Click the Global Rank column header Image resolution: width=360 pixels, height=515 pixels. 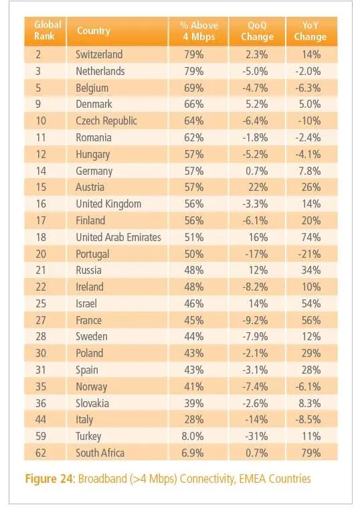[48, 30]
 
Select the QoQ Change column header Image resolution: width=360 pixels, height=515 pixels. [257, 31]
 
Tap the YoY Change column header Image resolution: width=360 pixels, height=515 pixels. [310, 31]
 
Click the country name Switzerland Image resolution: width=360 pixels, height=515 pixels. [99, 54]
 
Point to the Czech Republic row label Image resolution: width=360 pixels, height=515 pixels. [106, 121]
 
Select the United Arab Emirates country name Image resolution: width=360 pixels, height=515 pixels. [118, 237]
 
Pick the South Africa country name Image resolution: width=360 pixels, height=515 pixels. [100, 453]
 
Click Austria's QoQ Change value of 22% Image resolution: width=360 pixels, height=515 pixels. [258, 188]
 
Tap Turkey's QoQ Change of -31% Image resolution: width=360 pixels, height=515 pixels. [256, 436]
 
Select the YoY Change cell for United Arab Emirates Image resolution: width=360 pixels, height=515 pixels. [310, 237]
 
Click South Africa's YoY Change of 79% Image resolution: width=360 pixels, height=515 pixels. [310, 453]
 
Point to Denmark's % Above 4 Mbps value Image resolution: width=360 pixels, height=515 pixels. [193, 104]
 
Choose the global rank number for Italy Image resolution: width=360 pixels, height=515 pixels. [41, 419]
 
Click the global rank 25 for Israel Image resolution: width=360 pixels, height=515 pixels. [41, 303]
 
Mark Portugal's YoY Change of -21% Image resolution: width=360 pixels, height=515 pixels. [308, 254]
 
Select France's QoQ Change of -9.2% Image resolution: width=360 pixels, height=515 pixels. [255, 320]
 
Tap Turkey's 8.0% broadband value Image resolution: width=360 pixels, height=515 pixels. [192, 436]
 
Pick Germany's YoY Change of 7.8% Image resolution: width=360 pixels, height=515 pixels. [309, 171]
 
